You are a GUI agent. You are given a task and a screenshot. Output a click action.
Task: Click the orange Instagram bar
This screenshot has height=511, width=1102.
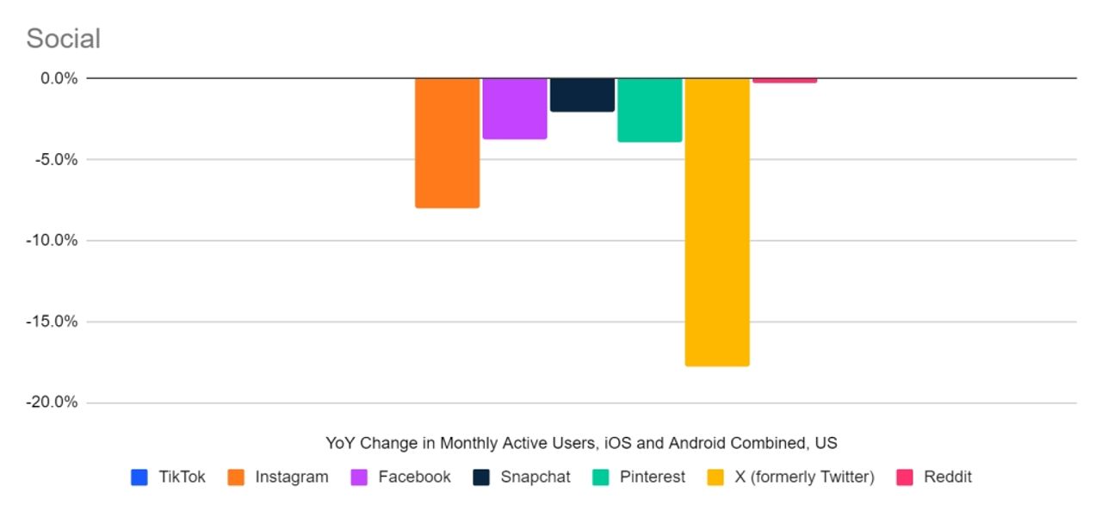click(x=447, y=143)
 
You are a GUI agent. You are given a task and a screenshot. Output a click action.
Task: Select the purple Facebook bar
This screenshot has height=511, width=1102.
click(x=514, y=108)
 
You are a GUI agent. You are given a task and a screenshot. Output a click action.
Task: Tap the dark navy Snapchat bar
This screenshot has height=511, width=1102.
click(x=582, y=95)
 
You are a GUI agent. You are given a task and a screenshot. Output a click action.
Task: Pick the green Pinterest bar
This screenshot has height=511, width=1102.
click(x=649, y=110)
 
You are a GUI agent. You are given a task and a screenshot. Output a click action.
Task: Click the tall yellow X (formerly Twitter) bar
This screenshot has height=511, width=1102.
click(x=716, y=222)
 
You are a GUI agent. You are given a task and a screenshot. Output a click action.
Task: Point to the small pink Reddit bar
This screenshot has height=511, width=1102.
click(x=784, y=80)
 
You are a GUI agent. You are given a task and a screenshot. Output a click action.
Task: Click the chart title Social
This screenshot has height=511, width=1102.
click(x=63, y=39)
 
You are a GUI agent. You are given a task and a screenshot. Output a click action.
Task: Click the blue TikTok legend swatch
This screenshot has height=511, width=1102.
click(x=139, y=477)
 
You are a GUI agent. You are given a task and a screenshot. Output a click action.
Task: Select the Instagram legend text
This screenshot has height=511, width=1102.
click(x=291, y=477)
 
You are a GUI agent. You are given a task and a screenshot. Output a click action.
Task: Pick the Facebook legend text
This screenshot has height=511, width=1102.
click(x=414, y=477)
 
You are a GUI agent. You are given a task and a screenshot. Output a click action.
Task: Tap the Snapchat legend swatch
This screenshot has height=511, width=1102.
click(x=482, y=477)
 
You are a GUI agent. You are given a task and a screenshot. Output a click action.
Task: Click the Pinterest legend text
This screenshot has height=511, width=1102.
click(x=653, y=477)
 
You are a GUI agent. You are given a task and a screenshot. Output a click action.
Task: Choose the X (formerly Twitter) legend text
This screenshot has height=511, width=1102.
click(x=804, y=477)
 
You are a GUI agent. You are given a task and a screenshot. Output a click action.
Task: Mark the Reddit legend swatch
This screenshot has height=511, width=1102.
click(x=905, y=477)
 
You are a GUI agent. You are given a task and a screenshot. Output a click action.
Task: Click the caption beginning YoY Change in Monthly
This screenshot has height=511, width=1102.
click(x=581, y=443)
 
